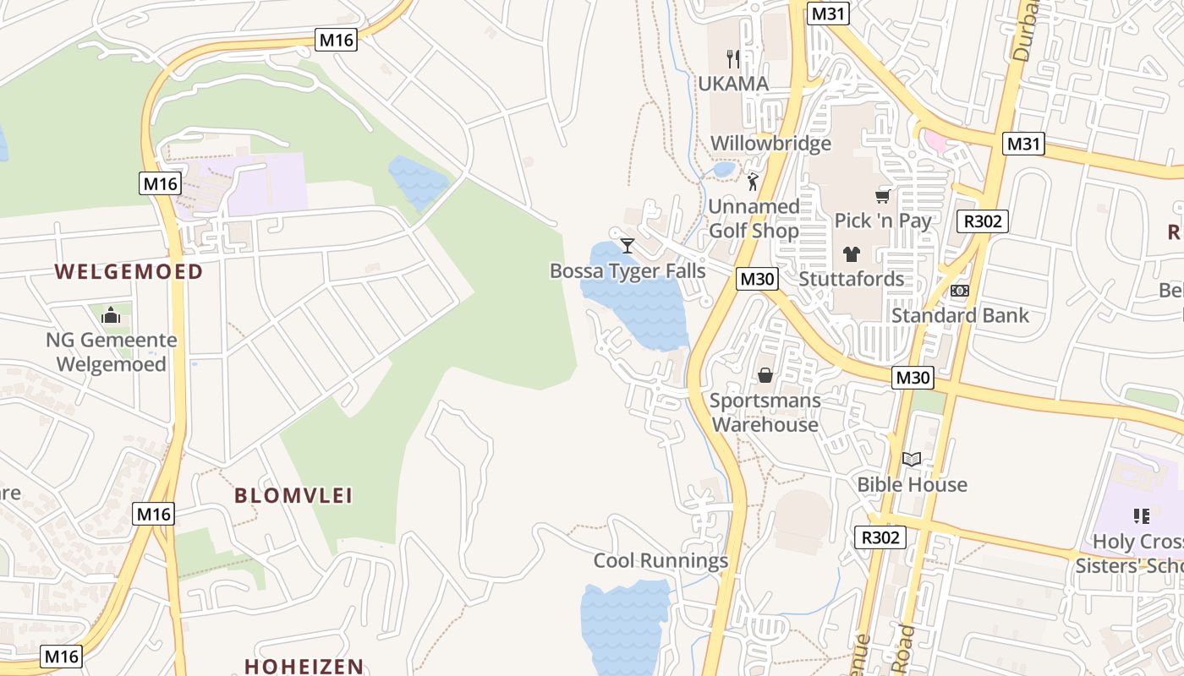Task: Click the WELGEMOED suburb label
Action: pyautogui.click(x=129, y=271)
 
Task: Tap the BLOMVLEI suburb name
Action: pyautogui.click(x=293, y=495)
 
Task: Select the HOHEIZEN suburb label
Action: pyautogui.click(x=304, y=666)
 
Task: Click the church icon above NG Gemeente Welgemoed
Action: pyautogui.click(x=111, y=315)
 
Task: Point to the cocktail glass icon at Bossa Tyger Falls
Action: pyautogui.click(x=627, y=246)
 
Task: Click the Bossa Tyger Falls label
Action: pyautogui.click(x=628, y=270)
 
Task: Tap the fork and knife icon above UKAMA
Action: pyautogui.click(x=733, y=59)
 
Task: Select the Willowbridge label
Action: pyautogui.click(x=770, y=143)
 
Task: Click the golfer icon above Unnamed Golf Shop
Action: pyautogui.click(x=753, y=182)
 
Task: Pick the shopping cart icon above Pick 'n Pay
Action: pyautogui.click(x=883, y=196)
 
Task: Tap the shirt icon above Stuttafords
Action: pyautogui.click(x=851, y=253)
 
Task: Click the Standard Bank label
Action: pyautogui.click(x=960, y=315)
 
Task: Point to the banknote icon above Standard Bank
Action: pyautogui.click(x=960, y=291)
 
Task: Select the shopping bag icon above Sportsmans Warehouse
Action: pyautogui.click(x=765, y=375)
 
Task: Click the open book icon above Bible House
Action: pyautogui.click(x=912, y=460)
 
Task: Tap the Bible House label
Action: pyautogui.click(x=912, y=484)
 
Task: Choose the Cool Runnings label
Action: pyautogui.click(x=661, y=560)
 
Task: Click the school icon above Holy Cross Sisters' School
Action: pyautogui.click(x=1141, y=515)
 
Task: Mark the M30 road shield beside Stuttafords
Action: pyautogui.click(x=756, y=279)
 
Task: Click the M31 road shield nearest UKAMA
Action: pyautogui.click(x=828, y=14)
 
